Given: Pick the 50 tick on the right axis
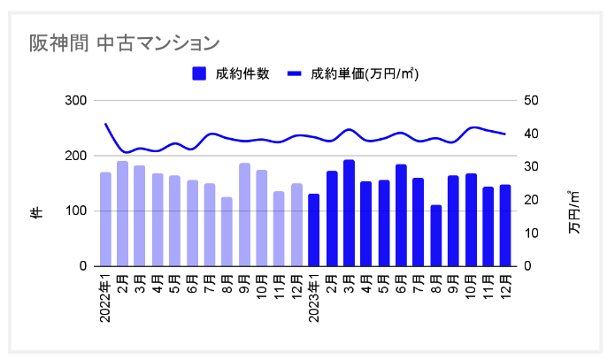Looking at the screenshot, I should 530,101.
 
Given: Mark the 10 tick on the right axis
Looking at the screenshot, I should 530,234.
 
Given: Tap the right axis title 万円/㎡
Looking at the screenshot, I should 574,212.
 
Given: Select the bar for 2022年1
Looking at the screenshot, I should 105,219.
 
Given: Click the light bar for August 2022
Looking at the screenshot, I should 227,232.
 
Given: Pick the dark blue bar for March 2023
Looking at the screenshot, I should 349,213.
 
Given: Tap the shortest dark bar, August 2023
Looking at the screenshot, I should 435,235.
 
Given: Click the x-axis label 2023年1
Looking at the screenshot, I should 313,299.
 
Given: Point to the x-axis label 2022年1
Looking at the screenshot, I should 105,299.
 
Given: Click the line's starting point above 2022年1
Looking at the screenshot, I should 105,124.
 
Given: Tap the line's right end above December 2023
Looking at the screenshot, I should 504,134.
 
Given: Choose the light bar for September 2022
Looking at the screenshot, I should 244,215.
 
